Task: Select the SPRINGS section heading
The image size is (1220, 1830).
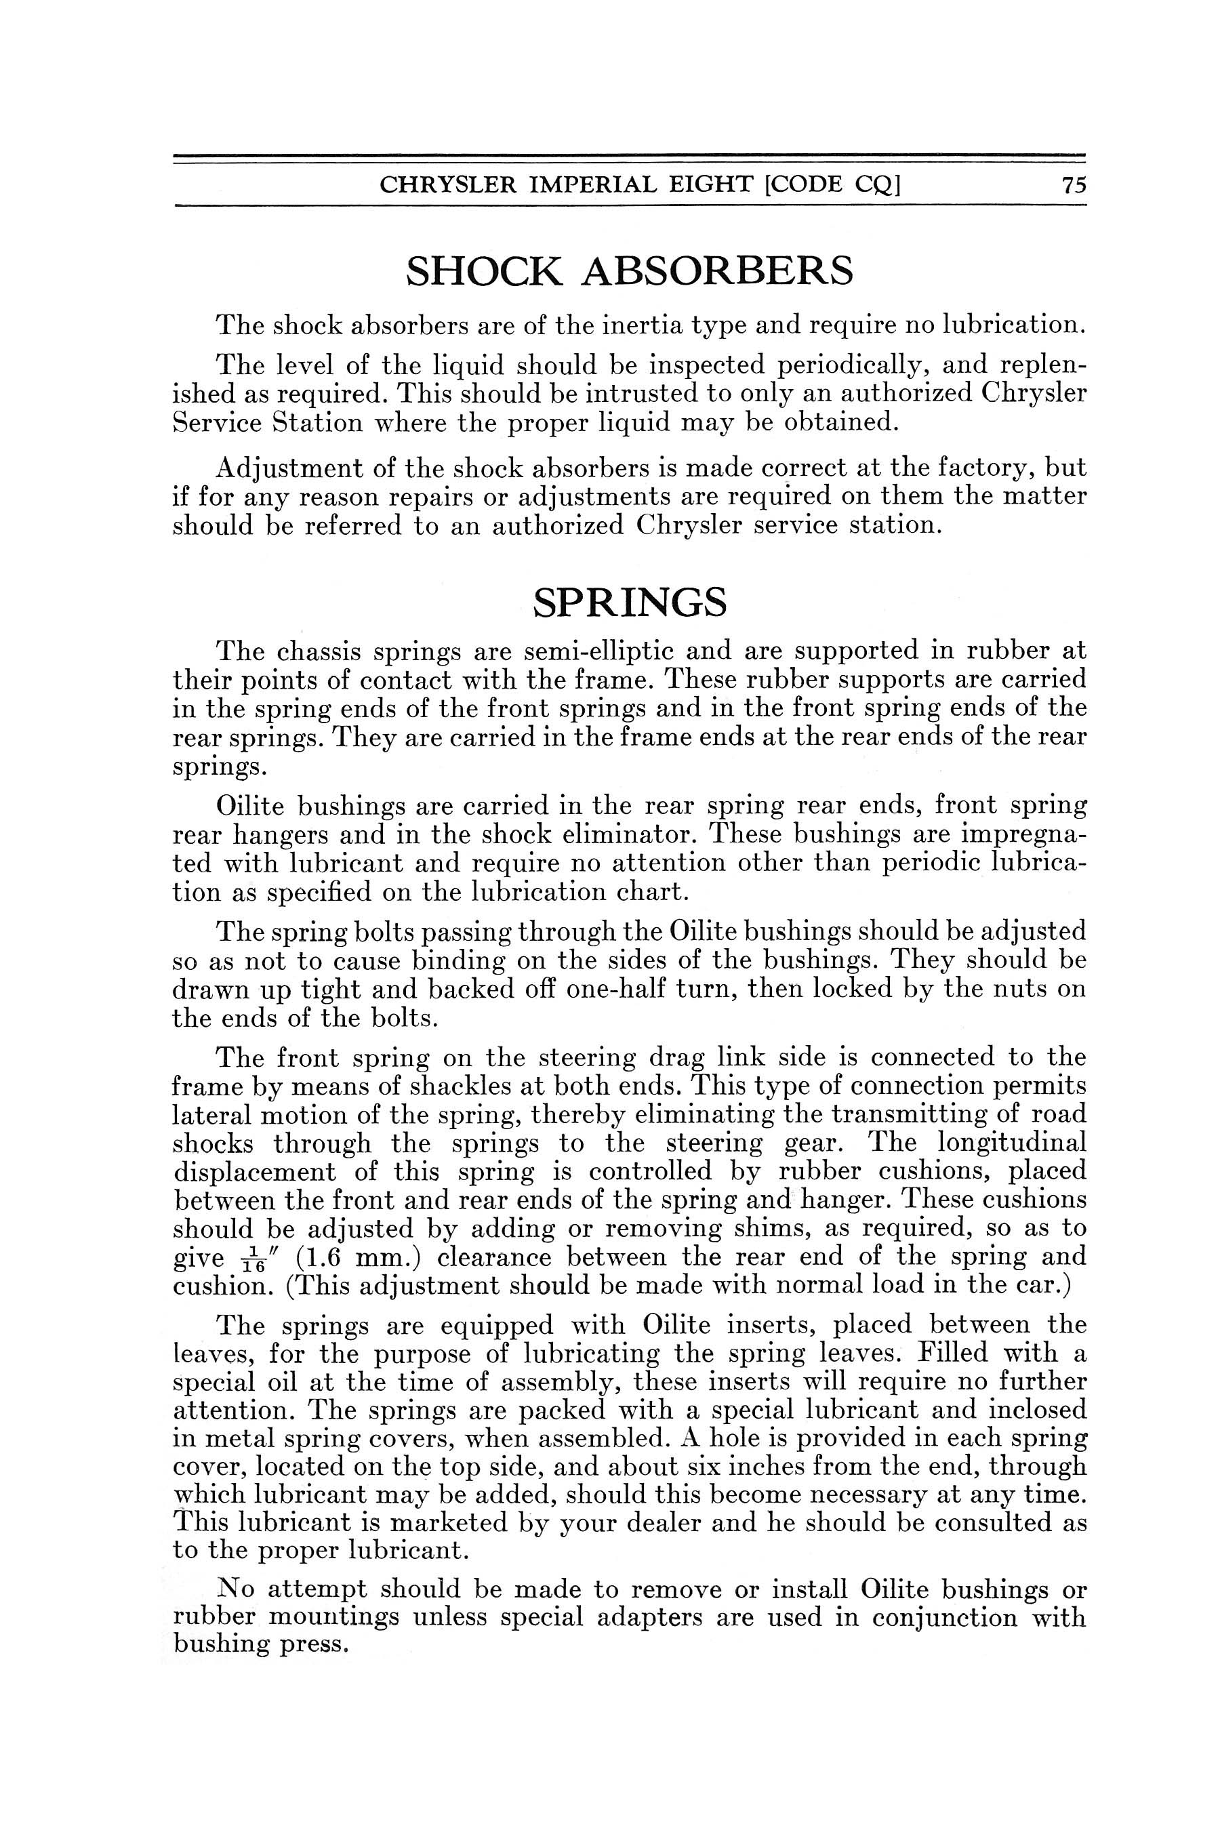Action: click(630, 601)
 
